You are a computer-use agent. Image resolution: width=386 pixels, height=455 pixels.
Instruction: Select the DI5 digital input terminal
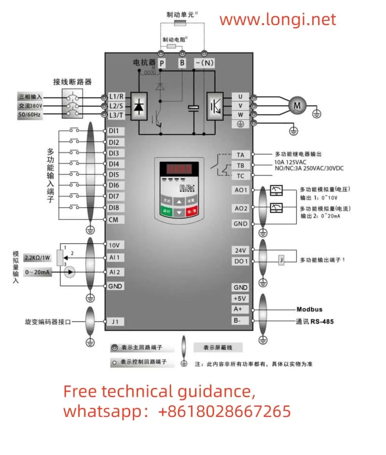click(114, 175)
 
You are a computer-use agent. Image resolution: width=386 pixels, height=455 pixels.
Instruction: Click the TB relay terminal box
click(240, 165)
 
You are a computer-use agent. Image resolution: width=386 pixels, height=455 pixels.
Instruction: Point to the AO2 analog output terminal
click(241, 208)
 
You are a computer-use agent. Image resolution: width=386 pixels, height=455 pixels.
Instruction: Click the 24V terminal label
click(240, 250)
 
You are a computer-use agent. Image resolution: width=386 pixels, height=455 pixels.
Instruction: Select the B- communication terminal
click(240, 320)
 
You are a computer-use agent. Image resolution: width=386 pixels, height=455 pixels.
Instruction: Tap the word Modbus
click(309, 309)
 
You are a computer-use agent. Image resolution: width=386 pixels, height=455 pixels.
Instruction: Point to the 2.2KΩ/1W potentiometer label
click(38, 258)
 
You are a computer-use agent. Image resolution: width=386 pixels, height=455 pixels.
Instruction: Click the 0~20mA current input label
click(37, 272)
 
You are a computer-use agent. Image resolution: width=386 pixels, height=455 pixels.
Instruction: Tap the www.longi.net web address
click(277, 20)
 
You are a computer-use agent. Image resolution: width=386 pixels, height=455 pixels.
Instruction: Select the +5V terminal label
click(240, 298)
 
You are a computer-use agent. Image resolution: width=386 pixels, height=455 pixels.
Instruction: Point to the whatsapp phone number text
click(177, 411)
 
